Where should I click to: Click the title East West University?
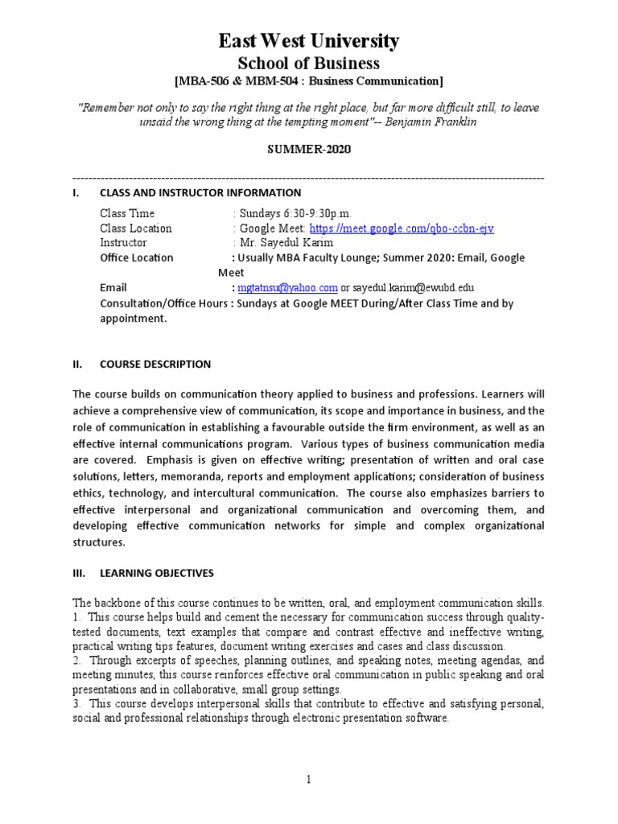pos(310,41)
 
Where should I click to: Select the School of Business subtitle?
pos(310,63)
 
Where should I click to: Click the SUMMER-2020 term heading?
pos(309,150)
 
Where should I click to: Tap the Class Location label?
pos(135,229)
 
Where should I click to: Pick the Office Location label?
pos(136,257)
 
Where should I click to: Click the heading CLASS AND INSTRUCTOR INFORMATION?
pos(200,192)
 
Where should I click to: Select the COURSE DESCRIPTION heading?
pos(154,364)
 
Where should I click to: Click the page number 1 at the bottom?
pos(308,779)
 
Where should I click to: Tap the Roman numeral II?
pos(77,364)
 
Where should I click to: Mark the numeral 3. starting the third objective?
pos(77,704)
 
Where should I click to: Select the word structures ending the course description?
pos(100,542)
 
